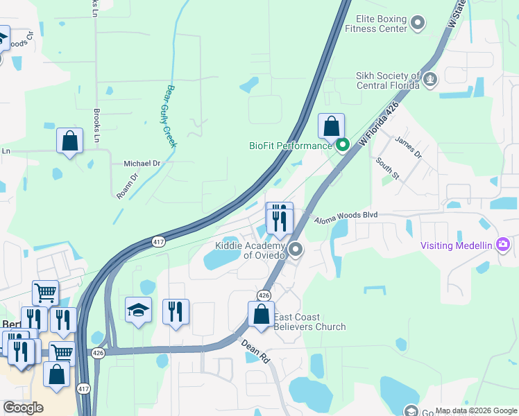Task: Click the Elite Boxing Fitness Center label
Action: tap(381, 24)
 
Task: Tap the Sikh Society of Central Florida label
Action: tap(388, 80)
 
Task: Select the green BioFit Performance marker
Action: tap(342, 146)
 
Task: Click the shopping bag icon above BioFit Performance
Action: tap(332, 127)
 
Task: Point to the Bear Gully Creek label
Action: tap(170, 116)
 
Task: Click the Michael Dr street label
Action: tap(142, 164)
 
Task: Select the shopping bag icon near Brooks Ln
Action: tap(69, 141)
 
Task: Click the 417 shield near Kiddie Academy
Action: tap(158, 241)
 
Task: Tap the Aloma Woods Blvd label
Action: tap(346, 216)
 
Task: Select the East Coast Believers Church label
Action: tap(309, 322)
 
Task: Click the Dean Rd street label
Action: tap(255, 352)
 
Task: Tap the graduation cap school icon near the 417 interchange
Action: tap(138, 311)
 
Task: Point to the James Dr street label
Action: tap(408, 146)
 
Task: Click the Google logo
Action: tap(24, 408)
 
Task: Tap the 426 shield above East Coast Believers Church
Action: tap(264, 295)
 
